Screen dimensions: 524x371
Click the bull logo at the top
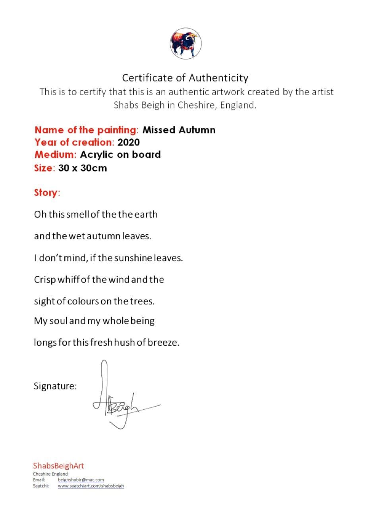[x=185, y=44]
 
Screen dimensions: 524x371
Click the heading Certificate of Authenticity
[x=185, y=78]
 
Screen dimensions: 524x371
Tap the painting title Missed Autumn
[x=179, y=130]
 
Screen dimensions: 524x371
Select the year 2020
[x=129, y=143]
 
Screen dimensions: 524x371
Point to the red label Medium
[x=55, y=155]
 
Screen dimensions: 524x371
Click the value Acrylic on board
[x=120, y=155]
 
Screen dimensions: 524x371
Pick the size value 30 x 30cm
[x=83, y=168]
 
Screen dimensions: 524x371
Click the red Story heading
[x=46, y=193]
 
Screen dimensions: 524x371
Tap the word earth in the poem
[x=146, y=214]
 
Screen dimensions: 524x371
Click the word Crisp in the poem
[x=45, y=280]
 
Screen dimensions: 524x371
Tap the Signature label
[x=55, y=386]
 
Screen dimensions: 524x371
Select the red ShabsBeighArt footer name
[x=58, y=466]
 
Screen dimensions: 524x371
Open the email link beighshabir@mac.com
[x=81, y=480]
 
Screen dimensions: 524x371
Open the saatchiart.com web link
[x=91, y=486]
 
